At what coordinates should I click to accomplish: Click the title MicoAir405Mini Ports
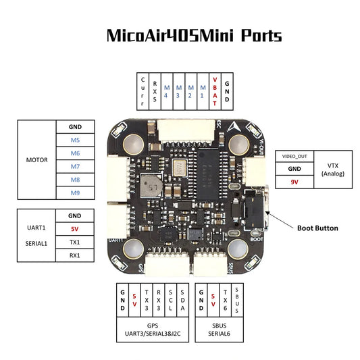[x=195, y=36]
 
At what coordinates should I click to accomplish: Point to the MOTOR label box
[x=37, y=160]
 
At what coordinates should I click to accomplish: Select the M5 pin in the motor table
[x=75, y=140]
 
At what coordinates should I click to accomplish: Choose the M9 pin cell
[x=75, y=193]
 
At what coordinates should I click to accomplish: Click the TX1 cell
[x=75, y=242]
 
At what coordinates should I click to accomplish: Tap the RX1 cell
[x=75, y=255]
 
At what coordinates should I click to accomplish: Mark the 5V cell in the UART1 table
[x=75, y=228]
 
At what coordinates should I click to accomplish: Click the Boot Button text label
[x=318, y=228]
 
